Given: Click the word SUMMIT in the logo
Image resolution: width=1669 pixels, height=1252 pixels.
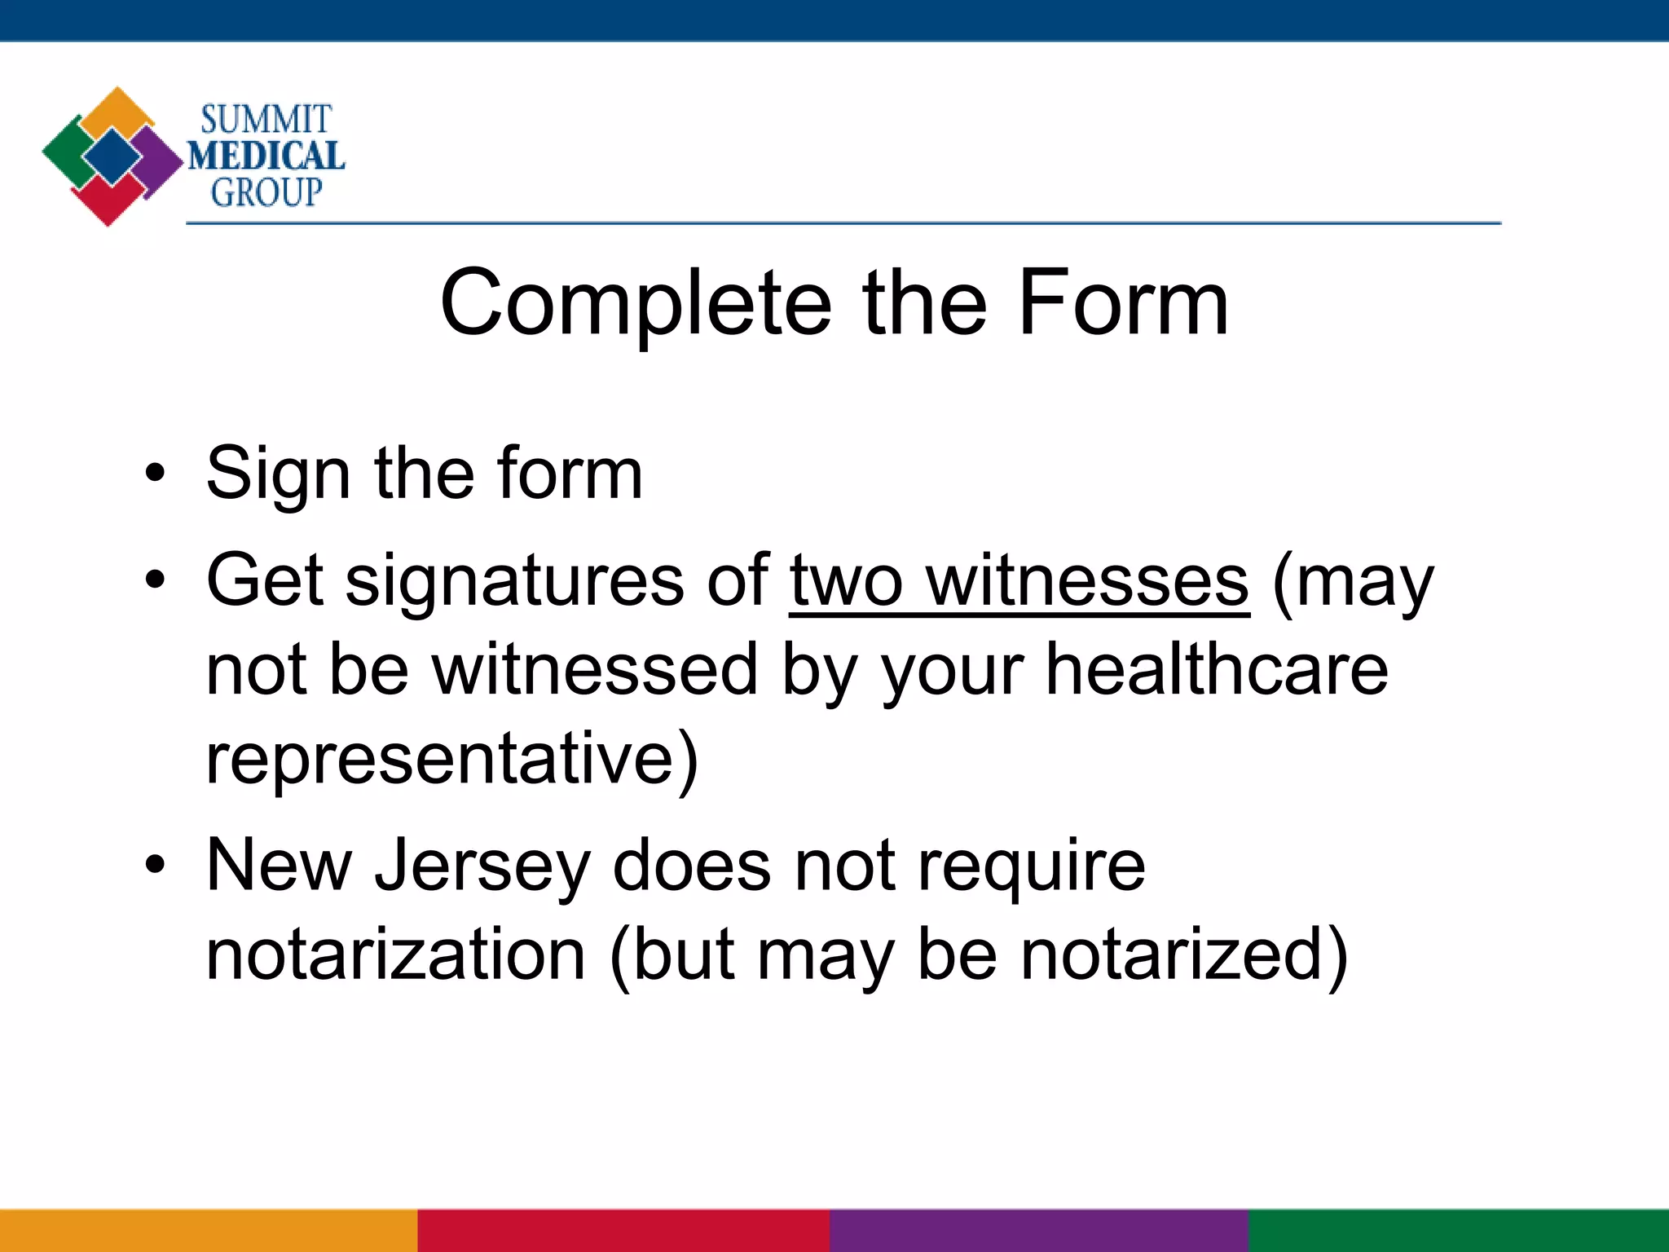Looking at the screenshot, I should [x=266, y=120].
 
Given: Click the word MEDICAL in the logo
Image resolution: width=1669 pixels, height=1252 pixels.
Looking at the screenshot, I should [x=266, y=156].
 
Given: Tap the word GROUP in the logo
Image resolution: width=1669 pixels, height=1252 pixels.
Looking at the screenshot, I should [x=266, y=192].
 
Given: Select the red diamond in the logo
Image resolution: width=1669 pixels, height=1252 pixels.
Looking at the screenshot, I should [x=107, y=201].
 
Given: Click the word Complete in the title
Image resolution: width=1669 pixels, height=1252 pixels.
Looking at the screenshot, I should [x=636, y=303].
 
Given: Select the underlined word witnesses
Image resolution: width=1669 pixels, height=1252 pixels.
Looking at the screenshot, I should [x=1087, y=580].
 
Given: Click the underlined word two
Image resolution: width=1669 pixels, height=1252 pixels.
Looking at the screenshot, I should [x=846, y=580].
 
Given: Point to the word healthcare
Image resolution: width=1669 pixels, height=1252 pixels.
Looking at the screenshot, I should [x=1217, y=669].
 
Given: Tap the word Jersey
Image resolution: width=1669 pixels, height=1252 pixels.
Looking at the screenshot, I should [x=482, y=866].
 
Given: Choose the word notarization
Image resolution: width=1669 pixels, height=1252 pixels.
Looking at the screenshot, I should [x=396, y=954].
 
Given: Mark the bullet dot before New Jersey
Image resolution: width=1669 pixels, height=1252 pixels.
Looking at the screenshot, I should [x=155, y=864].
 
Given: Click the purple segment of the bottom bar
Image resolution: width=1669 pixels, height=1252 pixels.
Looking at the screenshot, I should [x=1039, y=1230].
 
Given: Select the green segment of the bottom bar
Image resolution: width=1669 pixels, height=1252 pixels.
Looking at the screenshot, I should [x=1459, y=1230].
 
